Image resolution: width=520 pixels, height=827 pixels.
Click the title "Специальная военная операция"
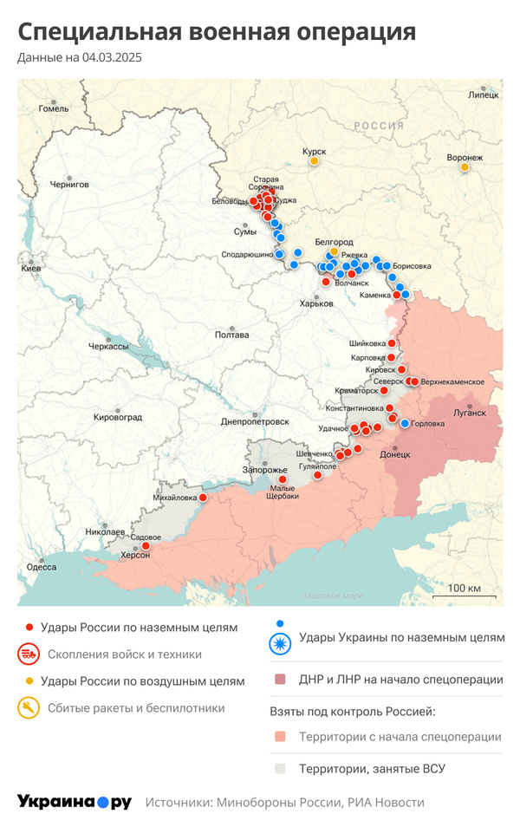click(x=217, y=33)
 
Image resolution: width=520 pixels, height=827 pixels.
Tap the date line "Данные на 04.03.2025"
click(x=80, y=58)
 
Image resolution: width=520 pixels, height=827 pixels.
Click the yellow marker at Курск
click(x=315, y=160)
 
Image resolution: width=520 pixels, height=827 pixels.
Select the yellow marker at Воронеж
click(x=465, y=166)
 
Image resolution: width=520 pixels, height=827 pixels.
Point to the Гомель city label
click(x=53, y=109)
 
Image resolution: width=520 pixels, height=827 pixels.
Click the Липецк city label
click(x=483, y=94)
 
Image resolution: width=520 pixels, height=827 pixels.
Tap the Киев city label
click(x=31, y=269)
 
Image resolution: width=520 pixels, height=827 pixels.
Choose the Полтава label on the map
click(x=231, y=335)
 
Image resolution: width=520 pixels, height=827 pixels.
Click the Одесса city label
click(x=42, y=567)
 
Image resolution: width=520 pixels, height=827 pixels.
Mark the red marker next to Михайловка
click(x=204, y=498)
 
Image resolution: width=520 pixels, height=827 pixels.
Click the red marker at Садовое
click(x=146, y=546)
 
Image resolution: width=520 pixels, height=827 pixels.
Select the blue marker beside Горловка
click(x=405, y=423)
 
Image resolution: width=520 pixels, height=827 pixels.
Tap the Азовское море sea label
click(x=333, y=596)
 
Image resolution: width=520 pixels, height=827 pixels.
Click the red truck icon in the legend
click(x=29, y=654)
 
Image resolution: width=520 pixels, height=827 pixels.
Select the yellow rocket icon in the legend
click(x=29, y=708)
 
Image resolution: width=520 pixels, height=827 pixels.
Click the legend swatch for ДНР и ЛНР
click(x=279, y=680)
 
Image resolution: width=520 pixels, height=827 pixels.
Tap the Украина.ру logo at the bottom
click(x=75, y=802)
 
